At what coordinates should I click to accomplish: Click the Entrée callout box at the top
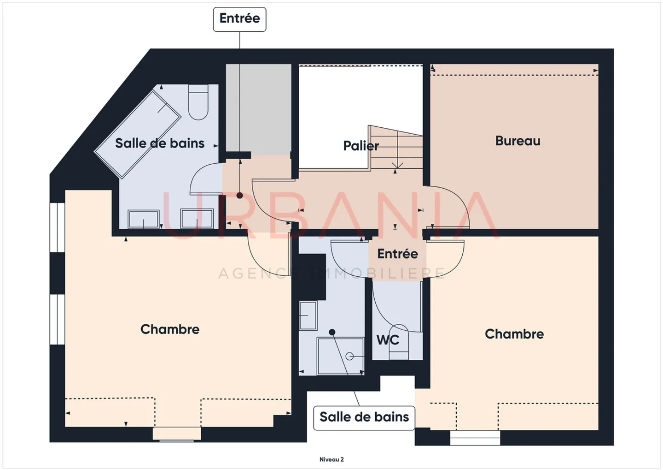coord(239,19)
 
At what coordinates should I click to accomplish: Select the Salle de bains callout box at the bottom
coord(364,417)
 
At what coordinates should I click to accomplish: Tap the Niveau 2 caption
coord(331,459)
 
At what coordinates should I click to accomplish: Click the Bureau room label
coord(518,141)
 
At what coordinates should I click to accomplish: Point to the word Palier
coord(361,146)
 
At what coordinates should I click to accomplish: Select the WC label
coord(388,340)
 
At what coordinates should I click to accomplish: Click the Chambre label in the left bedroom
coord(170,329)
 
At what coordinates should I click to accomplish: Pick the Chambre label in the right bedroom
coord(514,334)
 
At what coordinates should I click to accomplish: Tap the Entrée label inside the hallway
coord(397,254)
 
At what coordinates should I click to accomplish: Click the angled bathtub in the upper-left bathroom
coord(137,134)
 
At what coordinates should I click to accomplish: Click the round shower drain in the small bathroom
coord(349,356)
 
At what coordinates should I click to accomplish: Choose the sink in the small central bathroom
coord(308,315)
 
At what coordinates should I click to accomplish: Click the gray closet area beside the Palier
coord(258,109)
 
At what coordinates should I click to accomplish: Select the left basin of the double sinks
coord(144,219)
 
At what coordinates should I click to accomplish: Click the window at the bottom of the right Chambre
coord(475,437)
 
